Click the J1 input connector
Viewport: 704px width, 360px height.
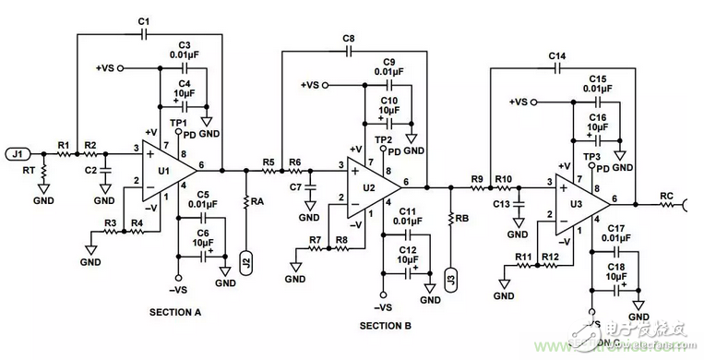(x=19, y=153)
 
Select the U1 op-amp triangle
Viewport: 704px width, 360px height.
(x=166, y=172)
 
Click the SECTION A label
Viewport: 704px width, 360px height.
(x=174, y=313)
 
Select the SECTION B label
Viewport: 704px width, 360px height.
(x=385, y=326)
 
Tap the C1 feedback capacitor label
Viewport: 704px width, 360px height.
(x=143, y=20)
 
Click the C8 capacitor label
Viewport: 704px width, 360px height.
(x=349, y=38)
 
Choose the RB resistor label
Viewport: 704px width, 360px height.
(x=463, y=218)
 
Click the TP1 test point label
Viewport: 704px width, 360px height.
(x=179, y=123)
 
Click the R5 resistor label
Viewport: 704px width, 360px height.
(x=268, y=162)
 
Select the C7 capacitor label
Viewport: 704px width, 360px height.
(x=296, y=187)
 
